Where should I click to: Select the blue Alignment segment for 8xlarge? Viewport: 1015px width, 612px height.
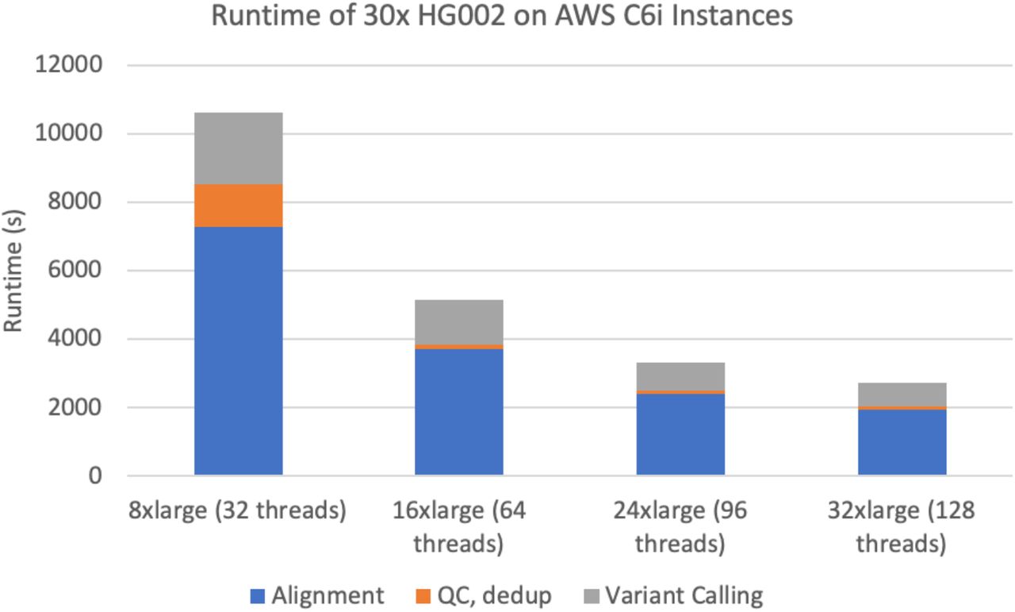click(239, 351)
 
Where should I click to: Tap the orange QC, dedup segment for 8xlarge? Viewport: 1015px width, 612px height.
click(239, 206)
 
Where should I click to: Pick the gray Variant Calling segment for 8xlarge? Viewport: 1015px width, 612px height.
click(239, 148)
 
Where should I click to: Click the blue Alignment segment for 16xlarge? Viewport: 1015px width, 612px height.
click(459, 412)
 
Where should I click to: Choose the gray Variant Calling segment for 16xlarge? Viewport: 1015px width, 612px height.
click(459, 322)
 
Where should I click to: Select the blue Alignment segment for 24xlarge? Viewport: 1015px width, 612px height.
click(680, 434)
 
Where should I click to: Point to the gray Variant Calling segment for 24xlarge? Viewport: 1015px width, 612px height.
click(680, 376)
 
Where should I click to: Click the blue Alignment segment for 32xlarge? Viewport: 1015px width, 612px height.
click(902, 442)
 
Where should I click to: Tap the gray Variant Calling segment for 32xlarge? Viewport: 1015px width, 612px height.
click(902, 395)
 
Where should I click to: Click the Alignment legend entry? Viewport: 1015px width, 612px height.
click(317, 595)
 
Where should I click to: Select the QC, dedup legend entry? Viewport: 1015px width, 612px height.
click(484, 595)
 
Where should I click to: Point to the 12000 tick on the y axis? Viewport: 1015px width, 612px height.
click(69, 65)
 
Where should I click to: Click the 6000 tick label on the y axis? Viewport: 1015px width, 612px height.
click(74, 271)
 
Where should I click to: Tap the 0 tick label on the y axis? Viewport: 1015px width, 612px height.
click(95, 476)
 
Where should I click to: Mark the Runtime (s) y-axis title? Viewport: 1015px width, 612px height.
click(13, 271)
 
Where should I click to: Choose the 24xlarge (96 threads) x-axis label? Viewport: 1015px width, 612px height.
click(680, 527)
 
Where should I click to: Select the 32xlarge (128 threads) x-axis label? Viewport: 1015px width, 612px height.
click(902, 527)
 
